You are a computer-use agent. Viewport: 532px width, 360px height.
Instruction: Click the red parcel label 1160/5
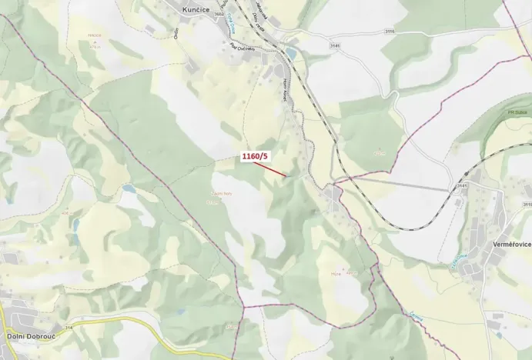click(255, 157)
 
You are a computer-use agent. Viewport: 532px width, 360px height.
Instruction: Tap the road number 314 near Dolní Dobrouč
click(69, 328)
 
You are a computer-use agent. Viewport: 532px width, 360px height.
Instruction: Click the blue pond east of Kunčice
click(290, 53)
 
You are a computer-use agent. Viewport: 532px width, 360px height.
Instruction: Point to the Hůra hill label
click(336, 272)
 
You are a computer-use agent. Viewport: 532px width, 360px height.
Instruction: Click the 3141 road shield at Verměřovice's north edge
click(462, 185)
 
